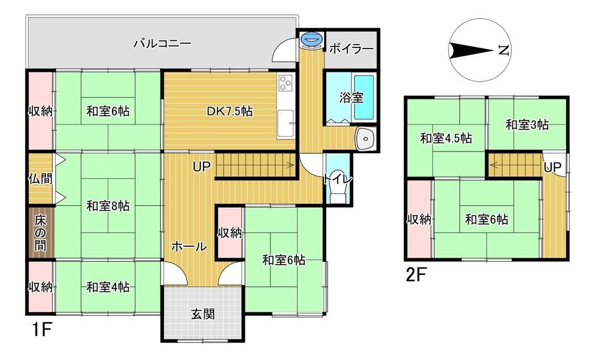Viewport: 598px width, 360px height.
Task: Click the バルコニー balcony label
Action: coord(162,44)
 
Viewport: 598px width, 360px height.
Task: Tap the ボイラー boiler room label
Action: coord(351,49)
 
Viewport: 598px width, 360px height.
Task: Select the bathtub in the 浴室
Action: coord(364,98)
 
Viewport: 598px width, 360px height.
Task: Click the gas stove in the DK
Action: coord(286,83)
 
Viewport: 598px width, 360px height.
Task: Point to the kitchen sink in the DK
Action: coord(286,123)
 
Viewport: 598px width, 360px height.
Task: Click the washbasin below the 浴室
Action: coord(366,138)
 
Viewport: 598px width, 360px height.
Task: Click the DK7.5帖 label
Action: coord(229,111)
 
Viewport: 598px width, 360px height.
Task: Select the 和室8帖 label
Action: coord(108,206)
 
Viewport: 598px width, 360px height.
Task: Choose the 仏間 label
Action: coord(40,179)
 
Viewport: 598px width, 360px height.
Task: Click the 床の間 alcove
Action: coord(41,233)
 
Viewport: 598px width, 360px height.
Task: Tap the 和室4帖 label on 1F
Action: coord(108,287)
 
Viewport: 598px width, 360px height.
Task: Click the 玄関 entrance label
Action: coord(203,314)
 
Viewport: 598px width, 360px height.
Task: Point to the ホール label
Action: coord(189,246)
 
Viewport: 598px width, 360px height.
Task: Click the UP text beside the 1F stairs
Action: coord(201,167)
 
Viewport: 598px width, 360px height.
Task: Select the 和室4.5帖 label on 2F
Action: coord(446,138)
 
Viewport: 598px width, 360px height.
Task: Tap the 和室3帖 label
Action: coord(527,125)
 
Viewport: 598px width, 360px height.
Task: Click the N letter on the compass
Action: coord(504,50)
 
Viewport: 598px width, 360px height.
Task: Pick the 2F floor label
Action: coord(415,275)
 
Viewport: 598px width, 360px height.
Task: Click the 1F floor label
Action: coord(41,329)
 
